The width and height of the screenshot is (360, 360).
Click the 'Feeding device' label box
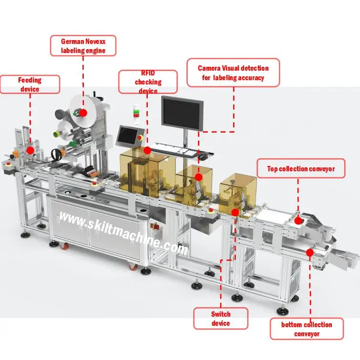[30, 84]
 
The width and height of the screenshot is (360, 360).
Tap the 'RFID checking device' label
[148, 82]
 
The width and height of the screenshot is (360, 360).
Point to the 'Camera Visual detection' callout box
[233, 73]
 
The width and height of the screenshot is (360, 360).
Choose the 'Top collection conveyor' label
[300, 168]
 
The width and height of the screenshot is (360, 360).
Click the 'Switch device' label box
[220, 319]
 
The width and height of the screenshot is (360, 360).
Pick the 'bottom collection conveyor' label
[306, 329]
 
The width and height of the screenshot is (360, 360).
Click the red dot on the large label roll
[83, 113]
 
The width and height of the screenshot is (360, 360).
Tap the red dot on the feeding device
[30, 150]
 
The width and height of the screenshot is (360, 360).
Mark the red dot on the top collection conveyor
[298, 220]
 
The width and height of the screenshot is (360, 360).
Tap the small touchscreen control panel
[128, 136]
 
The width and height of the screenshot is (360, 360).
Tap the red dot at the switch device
[235, 212]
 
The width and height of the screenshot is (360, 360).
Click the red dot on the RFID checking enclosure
[147, 150]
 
